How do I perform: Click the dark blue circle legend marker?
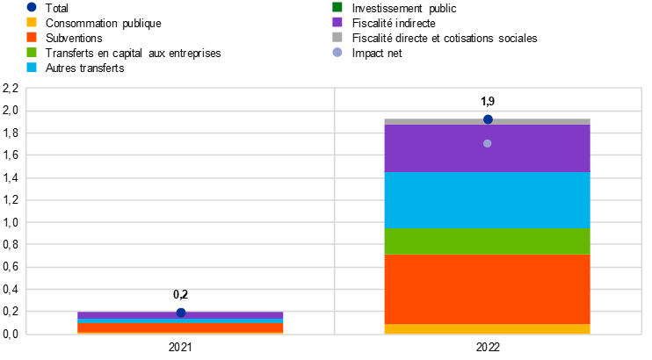coord(32,7)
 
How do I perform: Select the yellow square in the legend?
coord(32,22)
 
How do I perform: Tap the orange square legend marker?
coord(32,37)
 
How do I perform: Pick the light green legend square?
coord(32,52)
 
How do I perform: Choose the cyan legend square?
coord(32,67)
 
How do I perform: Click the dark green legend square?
coord(337,7)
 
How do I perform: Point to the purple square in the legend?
coord(337,22)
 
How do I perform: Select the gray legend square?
coord(337,37)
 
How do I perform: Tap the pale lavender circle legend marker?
coord(337,52)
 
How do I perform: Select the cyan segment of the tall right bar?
coord(488,199)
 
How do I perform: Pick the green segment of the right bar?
coord(488,241)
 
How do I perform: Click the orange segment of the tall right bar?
coord(488,289)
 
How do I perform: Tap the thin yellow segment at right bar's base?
coord(488,329)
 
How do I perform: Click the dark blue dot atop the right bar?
coord(488,119)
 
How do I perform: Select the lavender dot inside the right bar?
coord(488,143)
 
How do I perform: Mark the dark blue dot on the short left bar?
coord(181,312)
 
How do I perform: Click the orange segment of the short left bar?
coord(180,328)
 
